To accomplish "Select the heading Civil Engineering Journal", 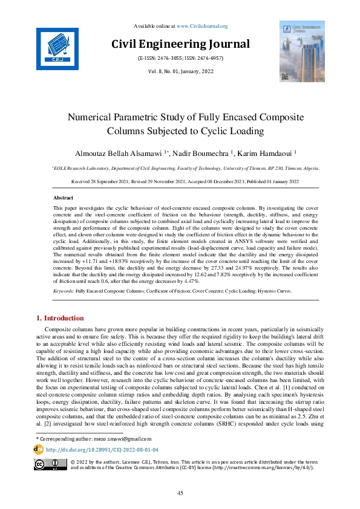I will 180,44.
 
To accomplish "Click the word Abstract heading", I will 64,198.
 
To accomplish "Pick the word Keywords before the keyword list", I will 64,291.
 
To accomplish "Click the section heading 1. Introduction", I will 61,318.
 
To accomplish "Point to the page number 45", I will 180,494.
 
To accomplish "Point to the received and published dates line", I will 180,181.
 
